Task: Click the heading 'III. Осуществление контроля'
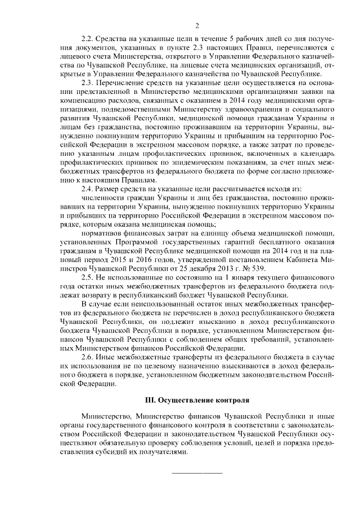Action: (197, 400)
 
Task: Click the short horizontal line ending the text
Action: (197, 472)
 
